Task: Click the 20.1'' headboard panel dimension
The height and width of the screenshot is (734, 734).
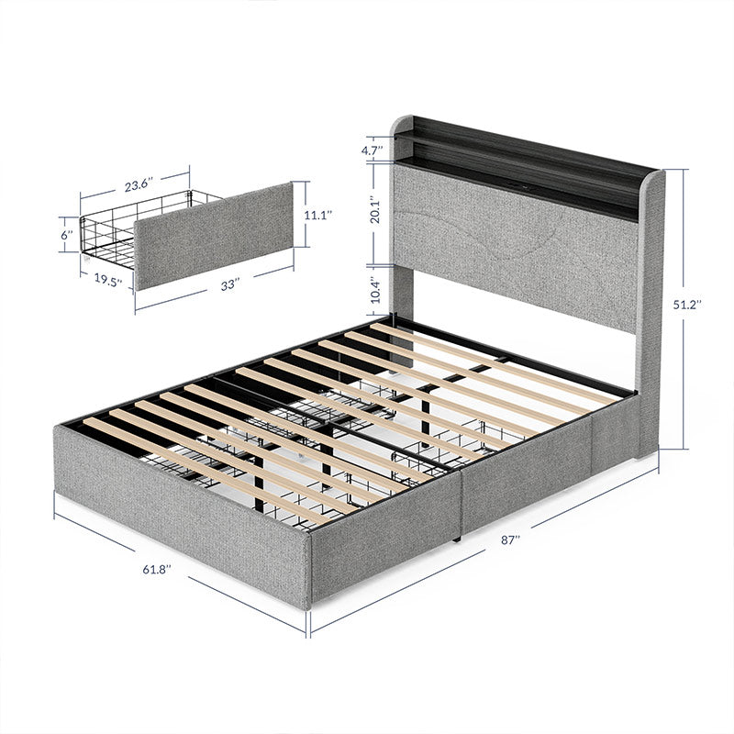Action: click(371, 216)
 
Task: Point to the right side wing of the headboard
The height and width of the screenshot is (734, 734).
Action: click(650, 312)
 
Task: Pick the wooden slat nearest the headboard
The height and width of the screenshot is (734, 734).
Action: click(495, 353)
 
